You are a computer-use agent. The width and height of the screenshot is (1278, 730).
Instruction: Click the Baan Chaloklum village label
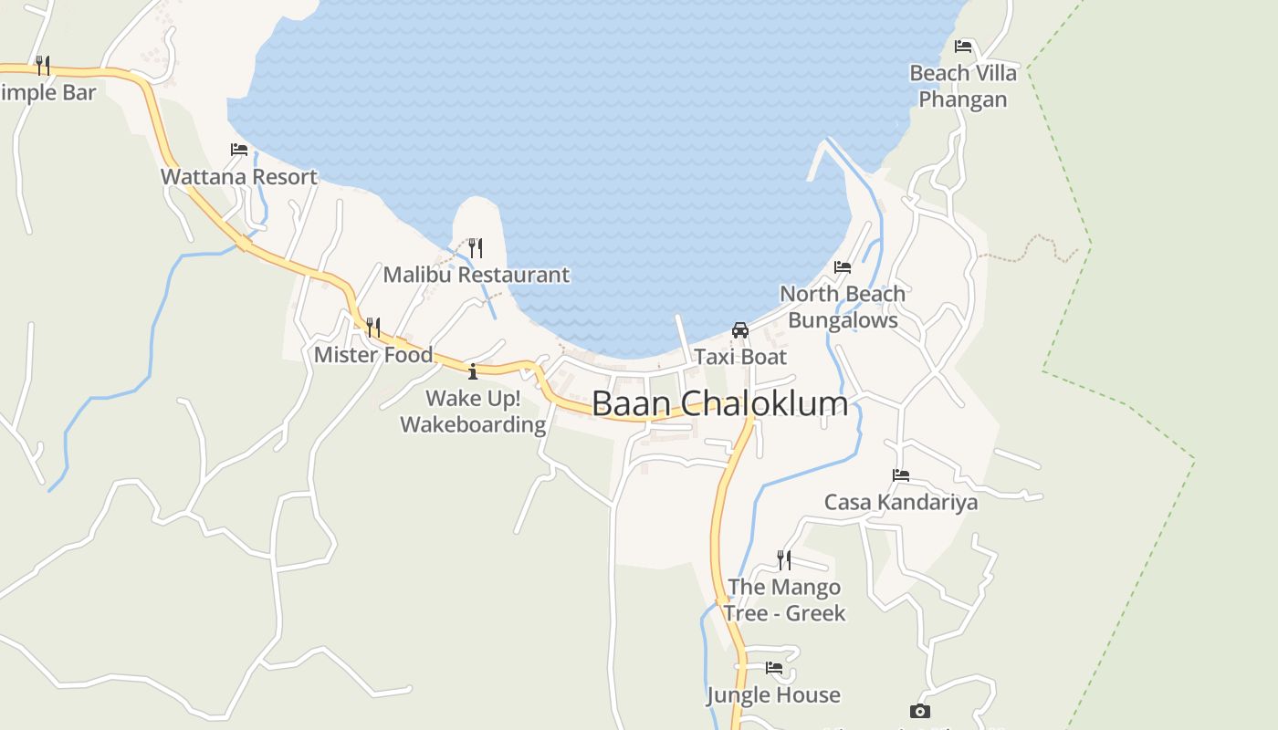pyautogui.click(x=719, y=403)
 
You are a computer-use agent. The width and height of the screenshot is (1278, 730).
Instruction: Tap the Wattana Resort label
pyautogui.click(x=239, y=177)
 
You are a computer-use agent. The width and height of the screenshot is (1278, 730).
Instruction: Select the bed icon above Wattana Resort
pyautogui.click(x=239, y=150)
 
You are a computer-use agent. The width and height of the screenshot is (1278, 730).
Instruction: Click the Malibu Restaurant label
pyautogui.click(x=476, y=275)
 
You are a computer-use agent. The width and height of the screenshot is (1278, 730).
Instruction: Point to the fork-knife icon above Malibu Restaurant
pyautogui.click(x=476, y=247)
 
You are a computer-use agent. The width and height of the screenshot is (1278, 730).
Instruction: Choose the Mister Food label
pyautogui.click(x=373, y=355)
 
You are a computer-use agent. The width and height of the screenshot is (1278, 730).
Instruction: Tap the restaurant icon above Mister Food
pyautogui.click(x=373, y=327)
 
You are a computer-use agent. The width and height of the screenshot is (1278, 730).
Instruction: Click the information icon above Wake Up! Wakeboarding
pyautogui.click(x=473, y=371)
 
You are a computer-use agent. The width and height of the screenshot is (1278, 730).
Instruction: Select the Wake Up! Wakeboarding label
pyautogui.click(x=473, y=412)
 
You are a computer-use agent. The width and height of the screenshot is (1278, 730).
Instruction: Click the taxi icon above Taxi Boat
pyautogui.click(x=740, y=329)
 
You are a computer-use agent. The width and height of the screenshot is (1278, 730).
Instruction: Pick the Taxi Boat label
pyautogui.click(x=740, y=357)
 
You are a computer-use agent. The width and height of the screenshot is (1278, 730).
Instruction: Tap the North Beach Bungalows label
pyautogui.click(x=843, y=307)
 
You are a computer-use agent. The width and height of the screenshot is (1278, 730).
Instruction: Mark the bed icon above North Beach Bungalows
pyautogui.click(x=843, y=267)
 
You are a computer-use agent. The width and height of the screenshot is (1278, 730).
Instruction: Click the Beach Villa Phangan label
pyautogui.click(x=963, y=86)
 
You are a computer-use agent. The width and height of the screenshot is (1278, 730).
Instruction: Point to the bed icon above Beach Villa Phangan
pyautogui.click(x=963, y=47)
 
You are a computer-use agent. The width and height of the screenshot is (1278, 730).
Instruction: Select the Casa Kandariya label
pyautogui.click(x=901, y=502)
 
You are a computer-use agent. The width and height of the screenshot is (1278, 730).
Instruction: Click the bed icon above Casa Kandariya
pyautogui.click(x=901, y=475)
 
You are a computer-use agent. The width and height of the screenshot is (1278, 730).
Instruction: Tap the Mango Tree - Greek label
pyautogui.click(x=785, y=600)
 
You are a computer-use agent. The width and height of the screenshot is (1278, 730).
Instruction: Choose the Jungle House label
pyautogui.click(x=773, y=695)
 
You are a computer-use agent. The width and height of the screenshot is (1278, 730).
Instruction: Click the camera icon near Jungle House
pyautogui.click(x=920, y=711)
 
